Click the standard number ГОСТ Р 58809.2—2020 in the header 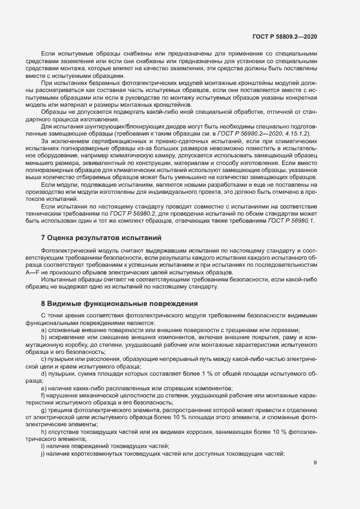(x=285, y=36)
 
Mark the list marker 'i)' (x=43, y=446)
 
